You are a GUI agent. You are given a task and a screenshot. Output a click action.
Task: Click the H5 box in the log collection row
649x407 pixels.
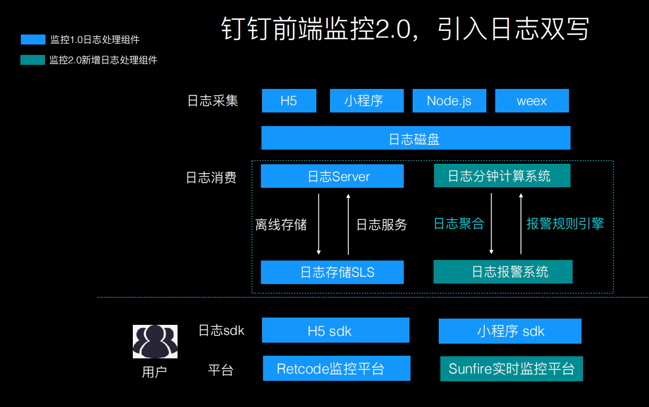coord(289,101)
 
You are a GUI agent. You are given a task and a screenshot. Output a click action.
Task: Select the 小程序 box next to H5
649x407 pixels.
coord(366,101)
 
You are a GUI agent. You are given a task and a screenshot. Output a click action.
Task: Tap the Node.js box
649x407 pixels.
coord(449,101)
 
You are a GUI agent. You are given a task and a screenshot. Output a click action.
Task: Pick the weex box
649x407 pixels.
coord(531,101)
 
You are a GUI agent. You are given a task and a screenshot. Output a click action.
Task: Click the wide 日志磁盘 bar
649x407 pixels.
coord(415,139)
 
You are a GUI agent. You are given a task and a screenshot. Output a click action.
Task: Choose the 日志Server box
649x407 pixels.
coord(332,176)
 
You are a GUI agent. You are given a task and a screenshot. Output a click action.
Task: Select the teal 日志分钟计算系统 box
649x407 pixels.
coord(502,176)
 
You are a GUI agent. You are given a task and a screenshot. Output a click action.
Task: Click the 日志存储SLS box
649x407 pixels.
coord(332,272)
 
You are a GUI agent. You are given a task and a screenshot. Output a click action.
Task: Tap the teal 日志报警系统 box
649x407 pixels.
coord(503,272)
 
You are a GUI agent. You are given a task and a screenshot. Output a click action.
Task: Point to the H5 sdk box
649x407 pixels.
coord(335,331)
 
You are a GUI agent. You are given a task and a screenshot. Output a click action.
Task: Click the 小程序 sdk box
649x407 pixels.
coord(509,331)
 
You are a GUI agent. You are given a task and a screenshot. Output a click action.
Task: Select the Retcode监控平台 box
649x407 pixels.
coord(336,369)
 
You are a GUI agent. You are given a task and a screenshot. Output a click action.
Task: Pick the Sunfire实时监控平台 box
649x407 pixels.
coord(511,369)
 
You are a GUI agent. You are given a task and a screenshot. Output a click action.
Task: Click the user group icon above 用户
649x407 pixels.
coord(155,342)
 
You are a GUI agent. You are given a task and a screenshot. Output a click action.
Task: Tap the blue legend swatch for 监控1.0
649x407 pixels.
coord(33,40)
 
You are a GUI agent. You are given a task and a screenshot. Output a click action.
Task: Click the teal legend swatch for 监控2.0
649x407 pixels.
coord(33,60)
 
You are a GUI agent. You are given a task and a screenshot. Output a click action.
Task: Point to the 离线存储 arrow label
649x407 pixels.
coord(281,225)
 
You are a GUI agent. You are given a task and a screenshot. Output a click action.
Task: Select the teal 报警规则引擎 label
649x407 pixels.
coord(565,224)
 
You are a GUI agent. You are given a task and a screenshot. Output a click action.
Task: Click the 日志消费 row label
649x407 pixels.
coord(211,178)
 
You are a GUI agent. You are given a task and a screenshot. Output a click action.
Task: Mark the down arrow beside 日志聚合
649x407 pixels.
coord(491,223)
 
